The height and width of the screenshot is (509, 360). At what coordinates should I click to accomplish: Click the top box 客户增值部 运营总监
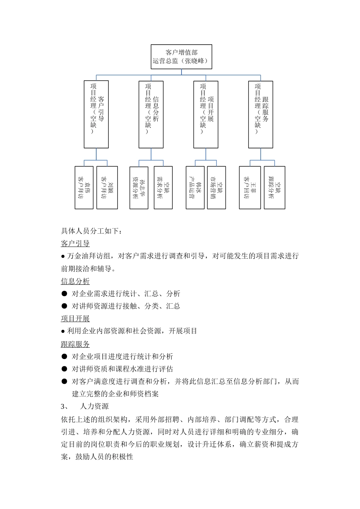(181, 56)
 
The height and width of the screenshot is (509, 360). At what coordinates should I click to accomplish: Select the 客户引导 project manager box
(96, 114)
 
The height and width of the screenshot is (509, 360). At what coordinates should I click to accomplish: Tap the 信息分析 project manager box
(151, 114)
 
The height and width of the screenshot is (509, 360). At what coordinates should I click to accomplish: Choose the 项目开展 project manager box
(205, 114)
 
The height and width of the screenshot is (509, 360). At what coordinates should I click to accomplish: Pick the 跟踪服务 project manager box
(260, 114)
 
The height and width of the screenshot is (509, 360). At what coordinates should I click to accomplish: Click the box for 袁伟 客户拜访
(84, 187)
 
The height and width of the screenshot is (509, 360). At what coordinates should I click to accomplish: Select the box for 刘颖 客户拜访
(107, 187)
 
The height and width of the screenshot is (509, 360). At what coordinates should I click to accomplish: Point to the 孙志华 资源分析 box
(139, 187)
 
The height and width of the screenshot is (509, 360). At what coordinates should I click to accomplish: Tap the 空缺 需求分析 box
(163, 187)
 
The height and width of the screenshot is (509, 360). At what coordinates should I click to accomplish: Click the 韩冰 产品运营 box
(195, 187)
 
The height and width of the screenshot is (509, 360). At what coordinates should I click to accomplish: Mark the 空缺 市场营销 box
(216, 187)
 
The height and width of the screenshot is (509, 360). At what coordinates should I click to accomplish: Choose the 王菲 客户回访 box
(250, 187)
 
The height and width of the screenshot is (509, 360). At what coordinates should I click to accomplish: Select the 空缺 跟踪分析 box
(274, 187)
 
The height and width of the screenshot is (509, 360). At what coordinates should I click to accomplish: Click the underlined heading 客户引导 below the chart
(75, 243)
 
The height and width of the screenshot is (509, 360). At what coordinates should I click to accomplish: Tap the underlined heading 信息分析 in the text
(75, 281)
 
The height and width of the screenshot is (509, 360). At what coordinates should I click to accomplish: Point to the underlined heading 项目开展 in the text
(75, 319)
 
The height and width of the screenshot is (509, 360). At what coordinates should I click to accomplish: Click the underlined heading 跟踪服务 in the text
(75, 344)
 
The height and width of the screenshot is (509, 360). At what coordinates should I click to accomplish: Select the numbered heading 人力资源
(94, 406)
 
